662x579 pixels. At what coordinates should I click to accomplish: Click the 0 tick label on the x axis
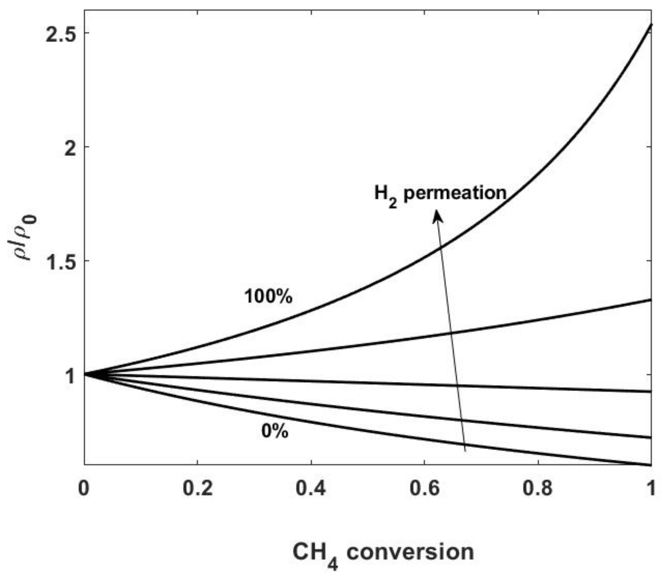click(x=84, y=488)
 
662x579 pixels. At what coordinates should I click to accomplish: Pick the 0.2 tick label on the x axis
click(x=197, y=488)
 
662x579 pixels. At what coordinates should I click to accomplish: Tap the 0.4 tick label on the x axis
click(x=311, y=488)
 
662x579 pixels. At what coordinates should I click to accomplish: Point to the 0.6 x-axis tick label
click(x=424, y=488)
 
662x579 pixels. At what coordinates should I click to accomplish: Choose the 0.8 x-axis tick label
click(x=538, y=488)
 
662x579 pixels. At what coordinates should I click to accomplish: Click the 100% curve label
click(x=268, y=296)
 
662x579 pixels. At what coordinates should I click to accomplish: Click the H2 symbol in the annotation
click(x=385, y=196)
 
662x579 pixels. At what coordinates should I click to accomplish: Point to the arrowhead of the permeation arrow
click(x=437, y=216)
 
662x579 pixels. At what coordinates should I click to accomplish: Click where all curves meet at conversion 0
click(x=85, y=374)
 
